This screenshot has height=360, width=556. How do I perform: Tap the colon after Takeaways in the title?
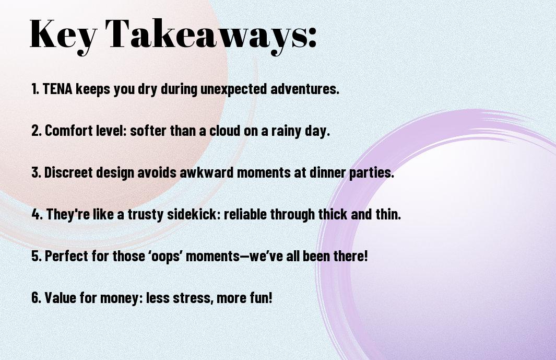pos(312,37)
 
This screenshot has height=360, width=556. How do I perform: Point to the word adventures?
pos(305,89)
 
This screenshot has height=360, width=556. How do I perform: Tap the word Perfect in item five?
pos(66,256)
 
